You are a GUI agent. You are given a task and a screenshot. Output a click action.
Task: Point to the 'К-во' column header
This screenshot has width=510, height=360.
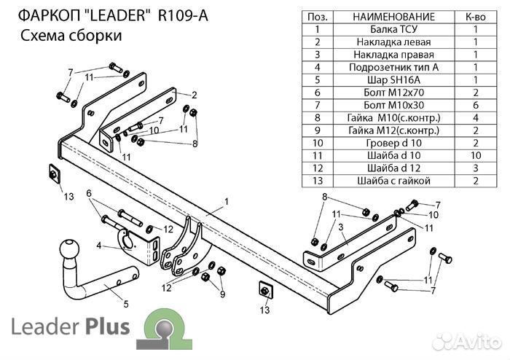point(474,17)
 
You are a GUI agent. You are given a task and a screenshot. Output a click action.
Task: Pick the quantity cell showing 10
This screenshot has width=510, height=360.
point(474,155)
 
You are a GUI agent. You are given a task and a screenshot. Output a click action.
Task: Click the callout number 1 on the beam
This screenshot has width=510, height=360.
point(227,200)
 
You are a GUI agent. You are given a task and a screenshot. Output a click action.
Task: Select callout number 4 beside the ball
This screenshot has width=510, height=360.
point(98,245)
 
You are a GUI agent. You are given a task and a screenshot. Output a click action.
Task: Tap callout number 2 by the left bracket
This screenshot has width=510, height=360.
point(195,95)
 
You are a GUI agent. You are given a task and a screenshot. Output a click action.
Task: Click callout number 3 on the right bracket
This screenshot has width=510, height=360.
point(340,228)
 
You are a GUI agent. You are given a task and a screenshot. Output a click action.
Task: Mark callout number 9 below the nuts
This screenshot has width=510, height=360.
point(222,294)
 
